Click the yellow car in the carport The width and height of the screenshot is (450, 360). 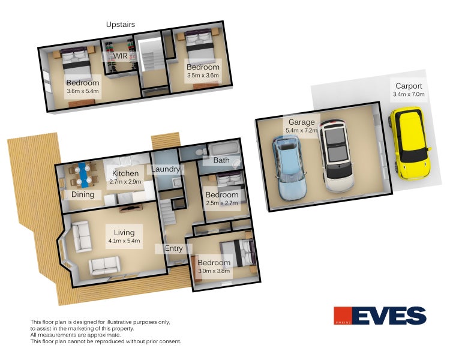pyautogui.click(x=410, y=143)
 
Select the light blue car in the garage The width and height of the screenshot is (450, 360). pyautogui.click(x=289, y=168)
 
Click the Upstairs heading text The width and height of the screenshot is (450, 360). pyautogui.click(x=121, y=25)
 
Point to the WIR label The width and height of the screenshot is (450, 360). pyautogui.click(x=120, y=56)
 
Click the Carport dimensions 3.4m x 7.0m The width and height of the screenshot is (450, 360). pyautogui.click(x=409, y=94)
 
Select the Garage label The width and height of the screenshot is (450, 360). pyautogui.click(x=302, y=122)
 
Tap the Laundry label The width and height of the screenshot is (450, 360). pyautogui.click(x=166, y=169)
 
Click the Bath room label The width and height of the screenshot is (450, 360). pyautogui.click(x=221, y=160)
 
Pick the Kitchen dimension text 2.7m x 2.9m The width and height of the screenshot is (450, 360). pyautogui.click(x=125, y=182)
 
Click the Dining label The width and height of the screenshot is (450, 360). pyautogui.click(x=83, y=194)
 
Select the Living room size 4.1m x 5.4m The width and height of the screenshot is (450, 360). pyautogui.click(x=124, y=241)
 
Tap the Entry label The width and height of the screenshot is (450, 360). pyautogui.click(x=173, y=248)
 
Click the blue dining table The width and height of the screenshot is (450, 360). pyautogui.click(x=83, y=175)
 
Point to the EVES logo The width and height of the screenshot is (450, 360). pyautogui.click(x=380, y=316)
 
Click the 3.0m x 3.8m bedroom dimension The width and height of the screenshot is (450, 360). pyautogui.click(x=214, y=271)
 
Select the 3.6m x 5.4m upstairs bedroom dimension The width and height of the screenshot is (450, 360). pyautogui.click(x=83, y=91)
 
